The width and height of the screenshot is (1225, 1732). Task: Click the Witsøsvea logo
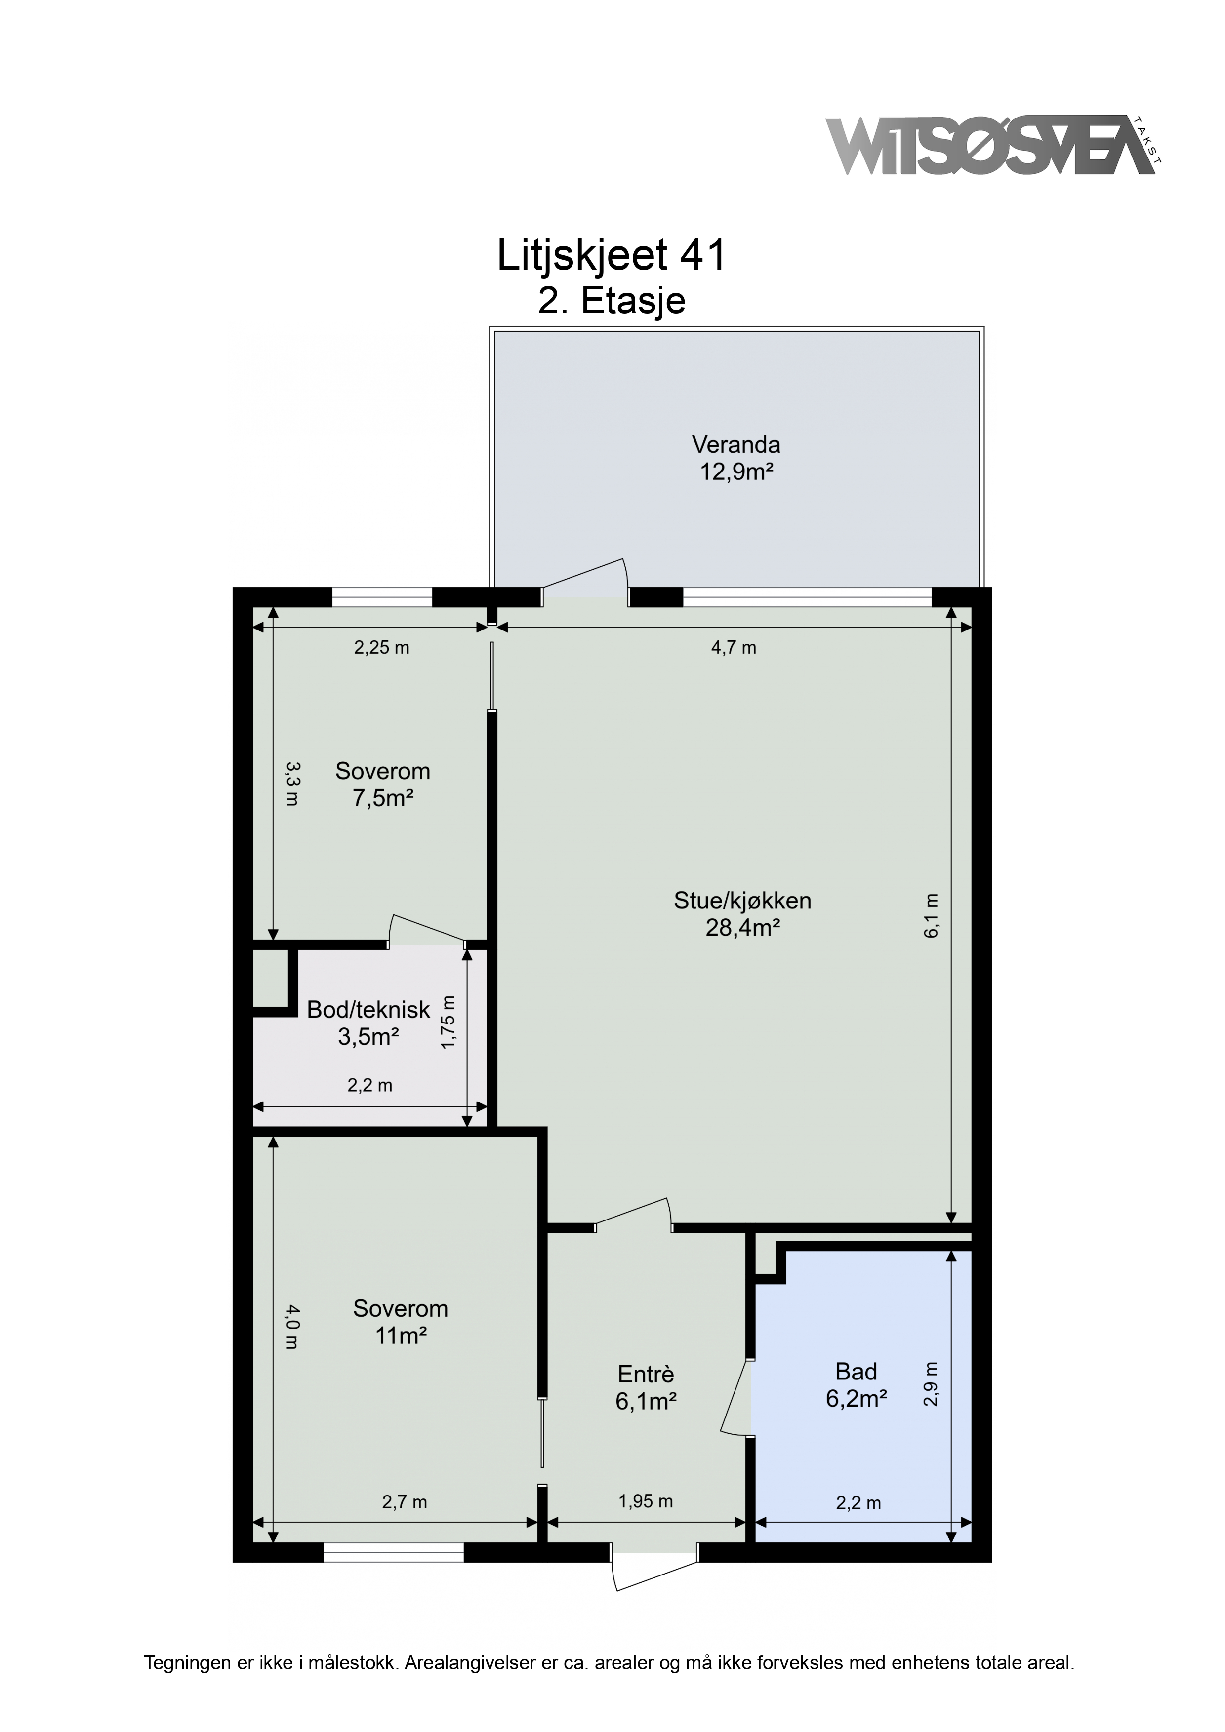pos(994,146)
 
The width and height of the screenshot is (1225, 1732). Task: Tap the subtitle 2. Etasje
pos(612,300)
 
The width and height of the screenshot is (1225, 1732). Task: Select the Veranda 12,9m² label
pos(736,458)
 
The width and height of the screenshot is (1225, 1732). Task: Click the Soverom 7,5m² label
pos(383,785)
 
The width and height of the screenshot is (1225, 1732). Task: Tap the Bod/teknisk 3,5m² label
pos(368,1023)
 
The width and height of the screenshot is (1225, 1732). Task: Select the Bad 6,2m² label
pos(856,1384)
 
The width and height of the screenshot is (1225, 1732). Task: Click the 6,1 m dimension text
pos(932,916)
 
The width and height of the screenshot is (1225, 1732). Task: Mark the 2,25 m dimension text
pos(382,647)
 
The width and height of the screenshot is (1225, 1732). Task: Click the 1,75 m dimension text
pos(449,1022)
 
